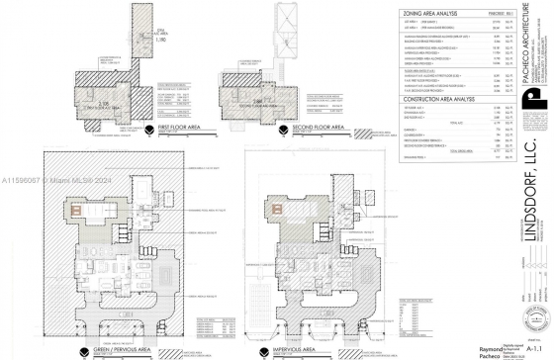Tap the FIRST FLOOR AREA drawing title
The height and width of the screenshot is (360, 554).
coord(171,130)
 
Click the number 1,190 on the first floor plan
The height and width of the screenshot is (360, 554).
coord(141,39)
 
